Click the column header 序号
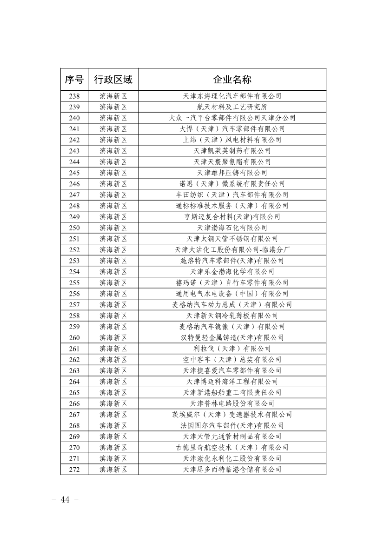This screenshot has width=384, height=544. [74, 80]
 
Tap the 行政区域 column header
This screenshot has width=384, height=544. [113, 80]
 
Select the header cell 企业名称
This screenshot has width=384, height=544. [232, 80]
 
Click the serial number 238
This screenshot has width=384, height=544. [74, 96]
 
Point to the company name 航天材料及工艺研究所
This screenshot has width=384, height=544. [232, 107]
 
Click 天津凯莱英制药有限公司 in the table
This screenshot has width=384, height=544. [232, 151]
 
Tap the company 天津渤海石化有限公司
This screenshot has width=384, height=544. [232, 228]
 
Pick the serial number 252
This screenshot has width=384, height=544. [74, 250]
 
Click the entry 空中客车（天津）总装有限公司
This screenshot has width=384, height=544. [232, 360]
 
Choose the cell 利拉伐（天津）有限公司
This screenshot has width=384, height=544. [232, 349]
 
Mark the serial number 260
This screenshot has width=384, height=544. [74, 338]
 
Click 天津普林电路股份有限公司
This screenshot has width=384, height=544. [232, 403]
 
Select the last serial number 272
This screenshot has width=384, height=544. [74, 470]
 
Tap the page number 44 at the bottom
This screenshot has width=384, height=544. [65, 500]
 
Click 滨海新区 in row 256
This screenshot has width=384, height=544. [113, 294]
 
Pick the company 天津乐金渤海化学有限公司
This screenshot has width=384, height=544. [232, 272]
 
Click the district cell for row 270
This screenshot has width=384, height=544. [113, 448]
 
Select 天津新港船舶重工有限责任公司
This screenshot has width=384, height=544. [232, 393]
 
